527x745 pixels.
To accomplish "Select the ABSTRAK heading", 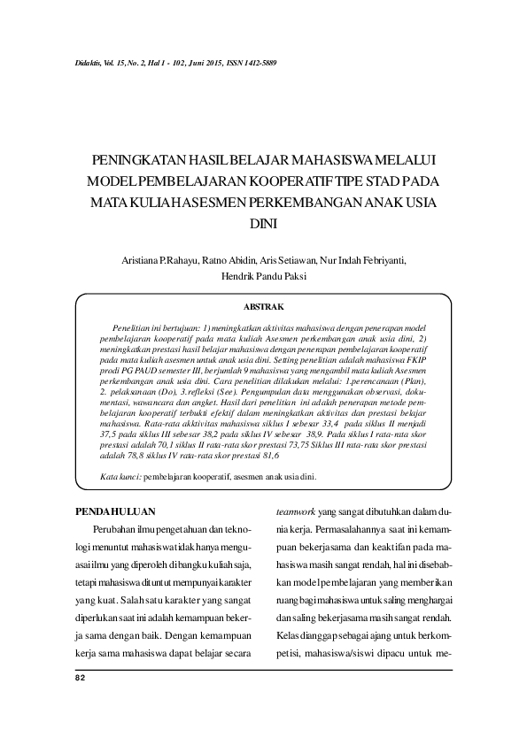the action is (263, 306).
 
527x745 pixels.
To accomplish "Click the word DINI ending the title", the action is (263, 225).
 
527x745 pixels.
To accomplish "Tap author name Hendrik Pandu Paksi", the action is (263, 275).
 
